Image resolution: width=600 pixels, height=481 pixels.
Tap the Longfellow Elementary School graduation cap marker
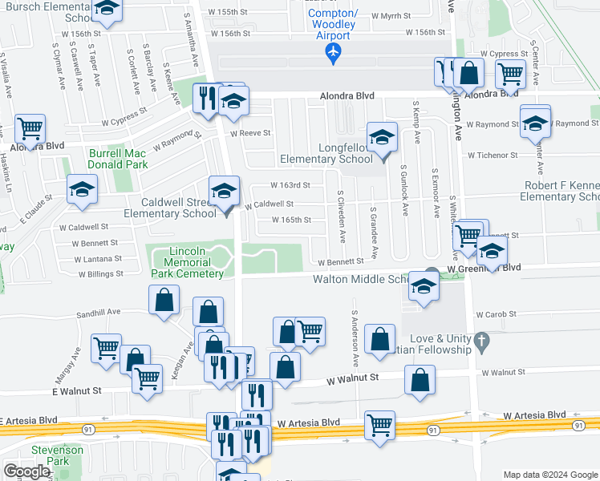coord(383,137)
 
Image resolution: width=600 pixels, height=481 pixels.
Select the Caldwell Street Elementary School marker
coord(224,191)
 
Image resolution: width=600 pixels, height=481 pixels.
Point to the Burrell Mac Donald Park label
coord(118,158)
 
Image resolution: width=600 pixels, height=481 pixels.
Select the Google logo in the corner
coord(26,471)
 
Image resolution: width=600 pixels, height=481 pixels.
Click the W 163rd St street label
coord(289,185)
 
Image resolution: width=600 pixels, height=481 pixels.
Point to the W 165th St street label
coord(290,220)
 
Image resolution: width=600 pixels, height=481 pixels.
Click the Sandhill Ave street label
coord(98,312)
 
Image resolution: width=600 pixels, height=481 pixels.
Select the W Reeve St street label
coord(250,133)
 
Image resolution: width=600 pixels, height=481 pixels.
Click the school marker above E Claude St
coord(82,190)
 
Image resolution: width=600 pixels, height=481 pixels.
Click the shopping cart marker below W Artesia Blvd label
coord(379,425)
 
